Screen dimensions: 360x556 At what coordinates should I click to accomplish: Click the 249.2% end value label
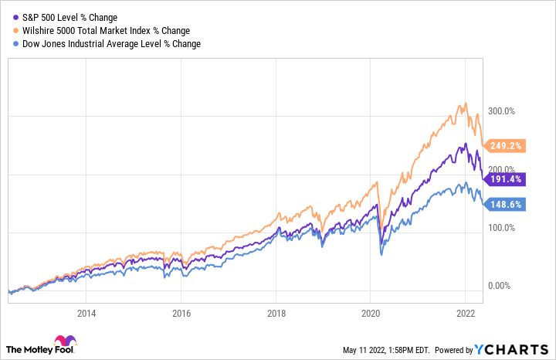(x=506, y=144)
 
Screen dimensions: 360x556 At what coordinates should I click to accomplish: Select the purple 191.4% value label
(x=506, y=178)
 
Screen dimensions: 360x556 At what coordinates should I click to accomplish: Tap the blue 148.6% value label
(x=506, y=204)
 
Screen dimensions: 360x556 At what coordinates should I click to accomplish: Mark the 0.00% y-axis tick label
(x=498, y=286)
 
